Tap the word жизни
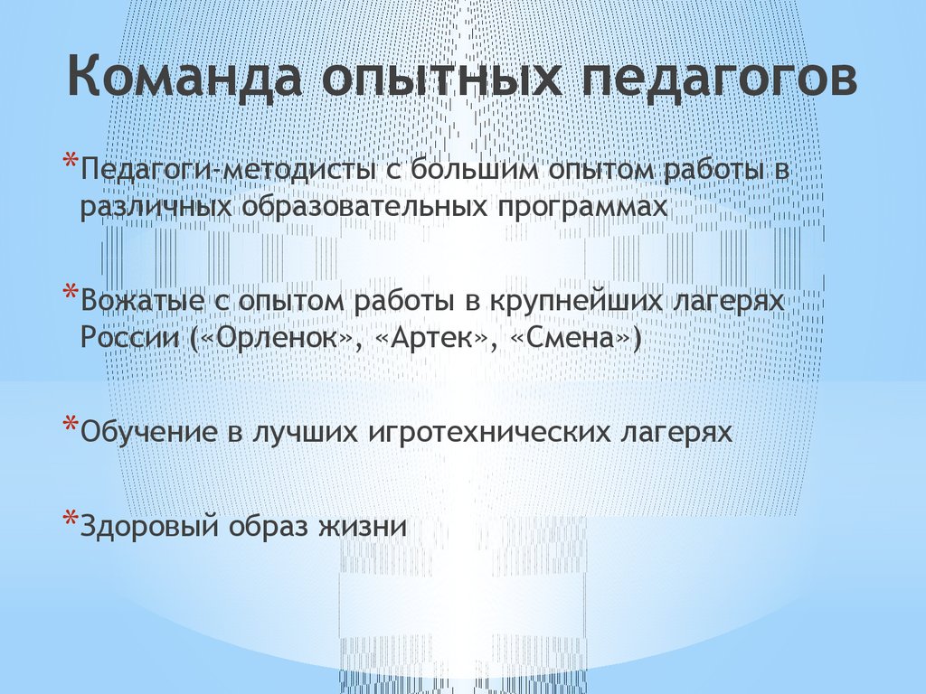pyautogui.click(x=370, y=526)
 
